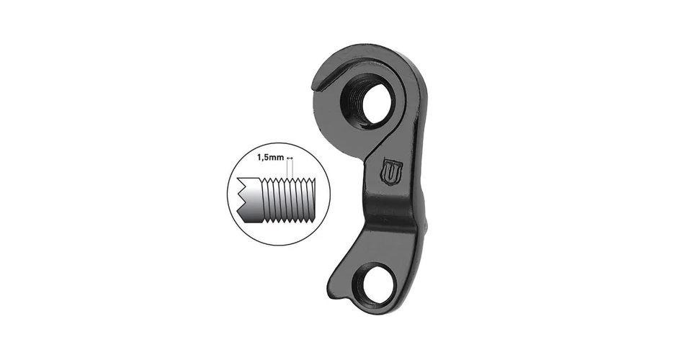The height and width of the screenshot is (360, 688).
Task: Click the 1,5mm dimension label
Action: [x=270, y=158]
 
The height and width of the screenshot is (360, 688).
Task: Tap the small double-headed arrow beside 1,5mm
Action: [x=289, y=158]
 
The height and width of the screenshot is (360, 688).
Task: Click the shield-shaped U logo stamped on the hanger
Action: [x=392, y=171]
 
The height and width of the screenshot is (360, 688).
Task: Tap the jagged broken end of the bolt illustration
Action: [x=241, y=198]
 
